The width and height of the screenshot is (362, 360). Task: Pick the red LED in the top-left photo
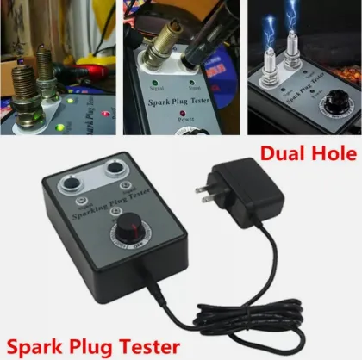point(103,114)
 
